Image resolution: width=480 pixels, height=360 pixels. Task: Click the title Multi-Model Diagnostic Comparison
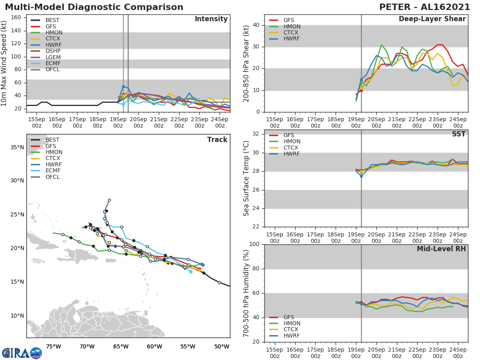[x=94, y=7]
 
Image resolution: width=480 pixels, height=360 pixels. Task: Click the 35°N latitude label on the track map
[x=17, y=147]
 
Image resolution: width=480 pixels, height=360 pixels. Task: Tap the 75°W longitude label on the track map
[x=51, y=346]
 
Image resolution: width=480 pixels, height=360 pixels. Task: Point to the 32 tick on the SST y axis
[x=256, y=134]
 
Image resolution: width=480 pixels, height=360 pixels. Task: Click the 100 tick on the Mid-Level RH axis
[x=254, y=244]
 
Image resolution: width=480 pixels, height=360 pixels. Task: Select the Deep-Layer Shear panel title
[x=432, y=19]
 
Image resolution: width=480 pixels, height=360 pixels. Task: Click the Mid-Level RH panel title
[x=441, y=249]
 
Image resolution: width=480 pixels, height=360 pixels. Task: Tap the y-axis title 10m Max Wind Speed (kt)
[x=5, y=64]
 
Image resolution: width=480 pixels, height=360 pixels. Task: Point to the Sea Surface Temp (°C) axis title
[x=246, y=178]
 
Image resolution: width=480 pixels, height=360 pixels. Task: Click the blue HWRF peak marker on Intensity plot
[x=123, y=86]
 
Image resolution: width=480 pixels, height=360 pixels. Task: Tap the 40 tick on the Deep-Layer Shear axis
[x=256, y=25]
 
